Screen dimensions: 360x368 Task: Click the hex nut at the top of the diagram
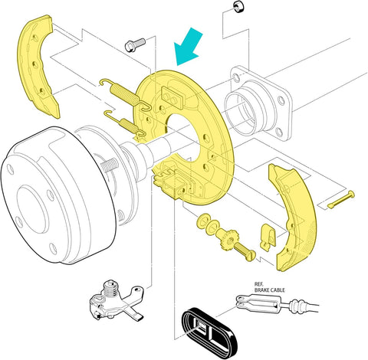point(237,7)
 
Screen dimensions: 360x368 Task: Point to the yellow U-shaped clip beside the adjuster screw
point(266,235)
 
